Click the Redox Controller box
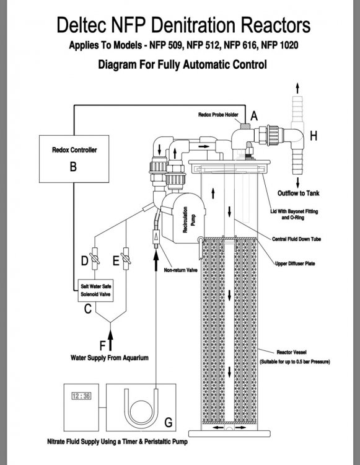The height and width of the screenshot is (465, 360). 74,159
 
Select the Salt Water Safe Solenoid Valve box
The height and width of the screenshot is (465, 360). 95,291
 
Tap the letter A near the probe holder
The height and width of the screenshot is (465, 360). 254,116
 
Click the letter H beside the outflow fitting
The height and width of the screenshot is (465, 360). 314,136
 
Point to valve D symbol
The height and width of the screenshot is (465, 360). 95,259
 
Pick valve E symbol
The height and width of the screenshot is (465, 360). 126,259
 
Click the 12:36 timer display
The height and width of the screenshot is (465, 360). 82,396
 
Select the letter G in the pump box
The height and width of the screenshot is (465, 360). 169,422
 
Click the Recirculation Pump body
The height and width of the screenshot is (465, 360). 183,218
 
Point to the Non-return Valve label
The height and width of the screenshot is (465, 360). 180,270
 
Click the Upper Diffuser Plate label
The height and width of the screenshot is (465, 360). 295,263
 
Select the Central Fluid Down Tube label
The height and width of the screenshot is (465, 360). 296,239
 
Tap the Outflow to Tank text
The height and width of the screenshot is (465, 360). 299,193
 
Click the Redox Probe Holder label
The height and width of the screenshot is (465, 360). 218,115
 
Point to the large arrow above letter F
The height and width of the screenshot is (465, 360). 110,340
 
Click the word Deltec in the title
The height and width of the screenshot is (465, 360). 81,25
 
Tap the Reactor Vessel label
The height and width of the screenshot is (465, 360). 292,352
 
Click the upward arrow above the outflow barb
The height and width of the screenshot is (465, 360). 297,88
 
